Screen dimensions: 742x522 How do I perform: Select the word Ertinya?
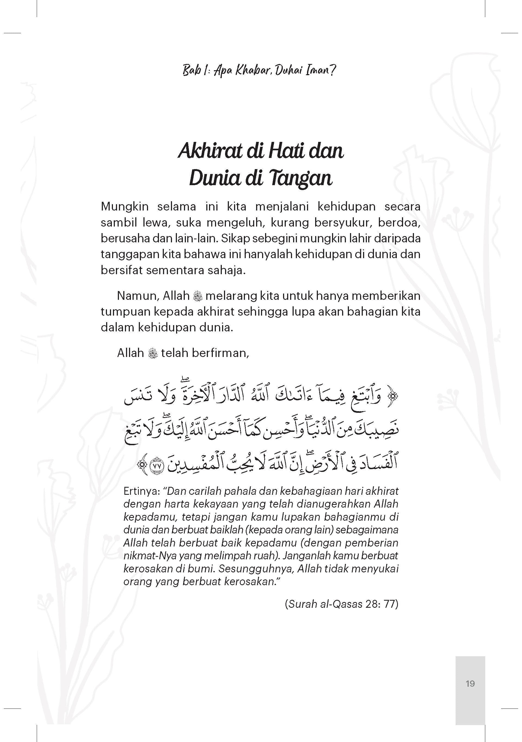pos(142,491)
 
